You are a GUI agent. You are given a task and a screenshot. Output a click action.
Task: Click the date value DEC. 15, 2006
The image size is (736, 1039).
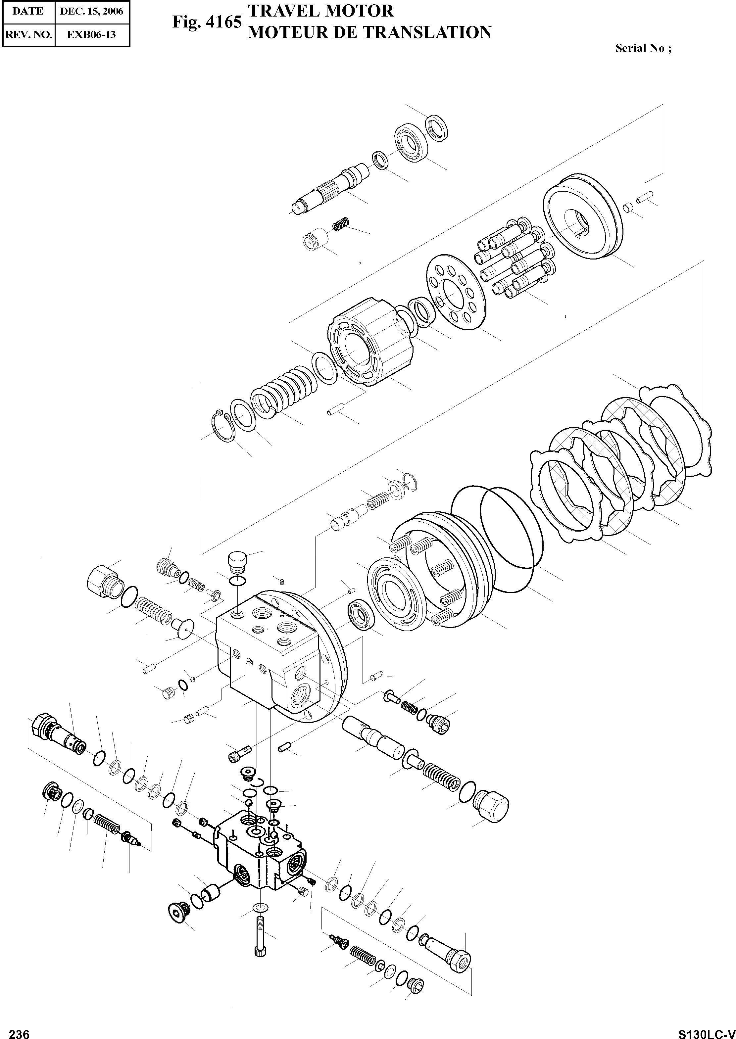92,11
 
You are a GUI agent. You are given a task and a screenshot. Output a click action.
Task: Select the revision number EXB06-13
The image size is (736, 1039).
92,34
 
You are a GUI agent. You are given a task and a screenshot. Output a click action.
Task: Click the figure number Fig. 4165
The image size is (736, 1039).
207,22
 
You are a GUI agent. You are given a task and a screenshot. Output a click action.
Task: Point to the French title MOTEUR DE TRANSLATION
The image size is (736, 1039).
370,33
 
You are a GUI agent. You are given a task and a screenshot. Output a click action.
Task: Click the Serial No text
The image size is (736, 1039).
643,48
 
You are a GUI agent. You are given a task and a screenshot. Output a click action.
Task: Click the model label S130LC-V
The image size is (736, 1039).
706,1032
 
